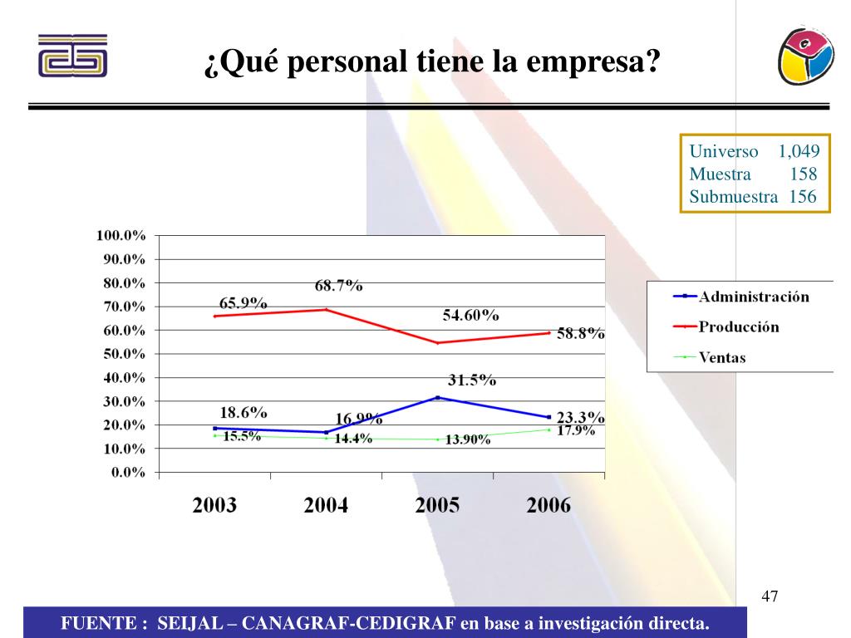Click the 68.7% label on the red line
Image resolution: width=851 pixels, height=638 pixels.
338,286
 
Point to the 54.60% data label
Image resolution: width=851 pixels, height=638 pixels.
470,316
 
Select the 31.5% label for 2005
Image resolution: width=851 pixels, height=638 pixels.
472,380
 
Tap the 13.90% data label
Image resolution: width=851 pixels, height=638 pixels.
468,440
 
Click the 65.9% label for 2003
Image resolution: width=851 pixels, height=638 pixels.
243,303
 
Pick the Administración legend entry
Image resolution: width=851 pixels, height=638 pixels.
753,296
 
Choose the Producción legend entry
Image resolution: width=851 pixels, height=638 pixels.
739,326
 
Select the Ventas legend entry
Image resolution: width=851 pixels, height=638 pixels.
721,358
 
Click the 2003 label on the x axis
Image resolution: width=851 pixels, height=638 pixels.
214,505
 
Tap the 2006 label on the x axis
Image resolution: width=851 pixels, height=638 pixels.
548,505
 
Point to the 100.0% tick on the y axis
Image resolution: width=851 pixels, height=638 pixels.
121,235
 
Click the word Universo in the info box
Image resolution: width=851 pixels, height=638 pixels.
724,151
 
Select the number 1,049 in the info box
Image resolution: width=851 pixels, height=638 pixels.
799,151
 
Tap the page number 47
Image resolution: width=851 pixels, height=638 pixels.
770,596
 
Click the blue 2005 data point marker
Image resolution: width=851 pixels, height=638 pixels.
438,398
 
